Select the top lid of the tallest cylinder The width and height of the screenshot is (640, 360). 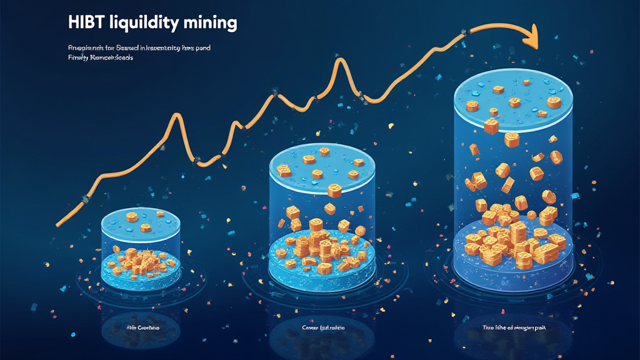click(513, 94)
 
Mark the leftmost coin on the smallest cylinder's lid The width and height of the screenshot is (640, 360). click(131, 217)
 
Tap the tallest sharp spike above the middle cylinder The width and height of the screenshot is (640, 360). click(339, 61)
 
